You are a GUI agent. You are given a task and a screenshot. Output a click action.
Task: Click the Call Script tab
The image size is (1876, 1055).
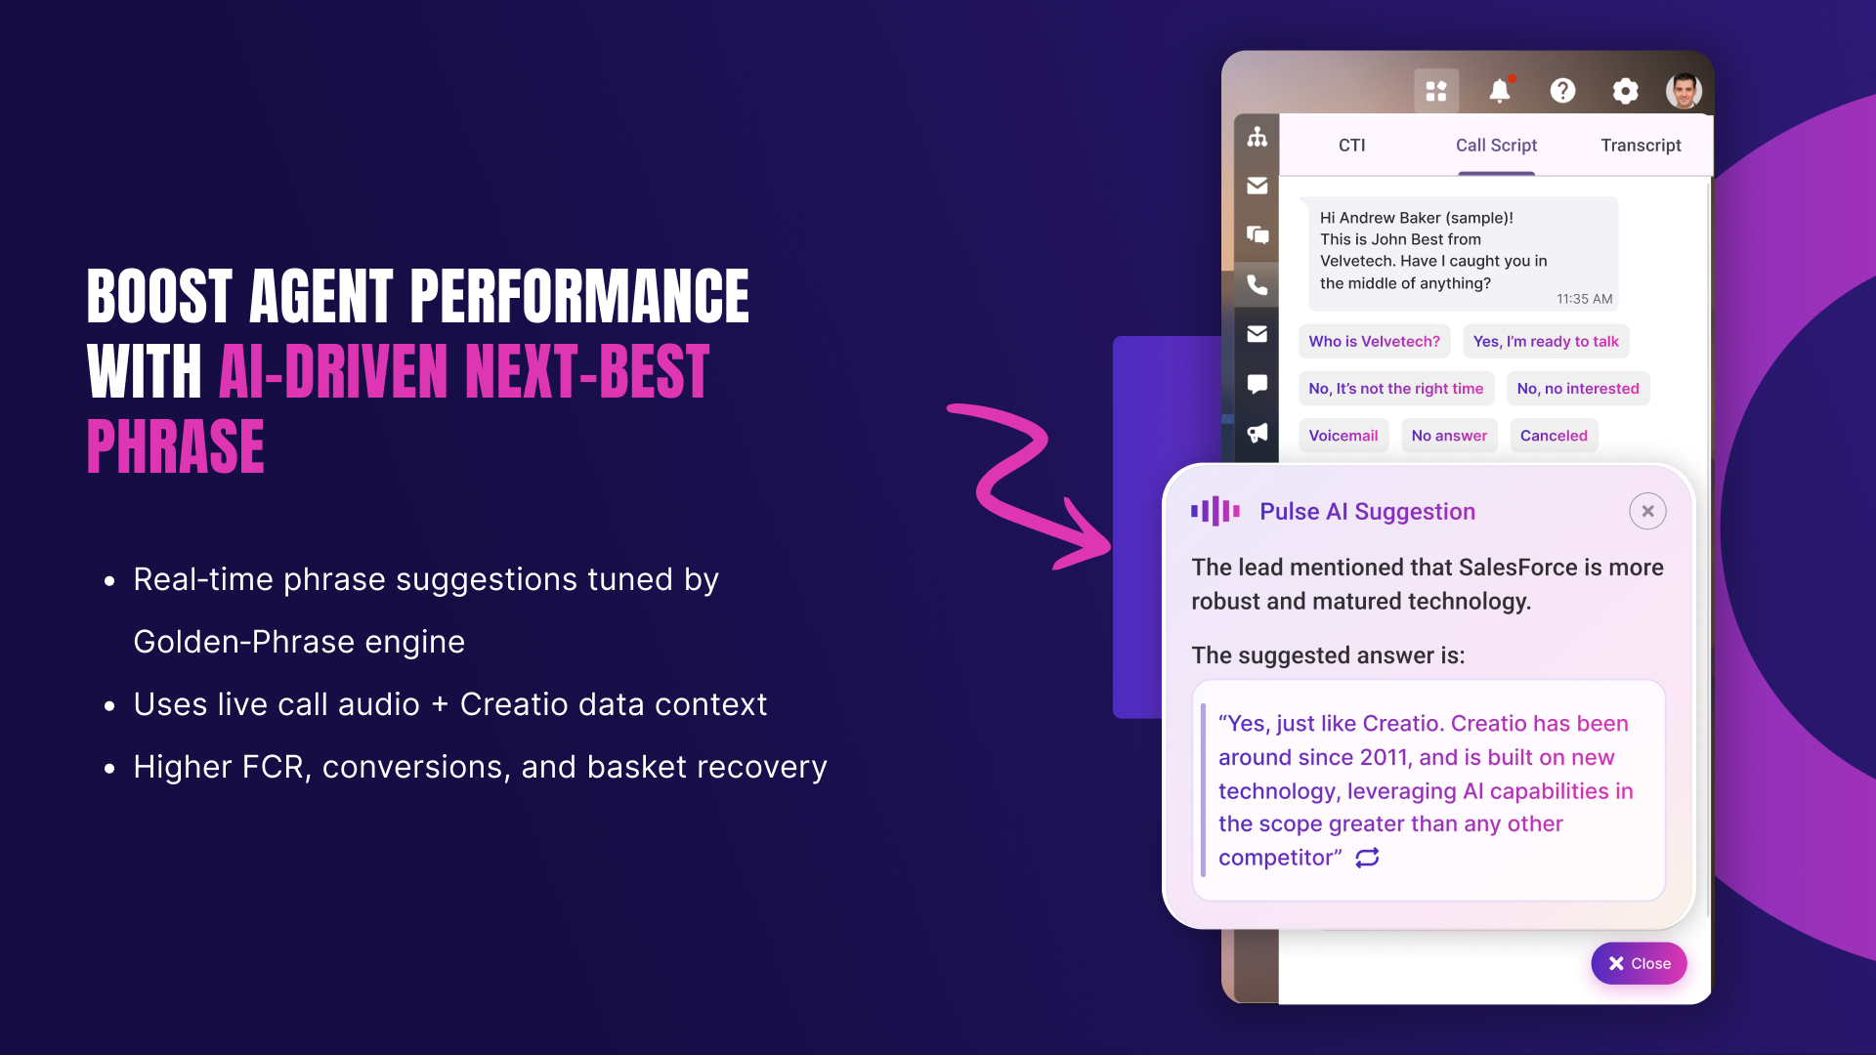[1496, 146]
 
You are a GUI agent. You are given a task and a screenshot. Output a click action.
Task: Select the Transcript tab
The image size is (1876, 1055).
[1641, 146]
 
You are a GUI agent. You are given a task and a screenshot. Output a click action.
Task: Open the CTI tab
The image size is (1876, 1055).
[1351, 146]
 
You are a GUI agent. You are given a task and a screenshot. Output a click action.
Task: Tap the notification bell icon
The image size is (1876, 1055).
[1500, 90]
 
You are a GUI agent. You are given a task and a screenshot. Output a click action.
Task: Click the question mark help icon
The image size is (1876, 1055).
[1562, 91]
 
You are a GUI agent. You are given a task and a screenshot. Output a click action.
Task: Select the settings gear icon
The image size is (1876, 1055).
[1625, 91]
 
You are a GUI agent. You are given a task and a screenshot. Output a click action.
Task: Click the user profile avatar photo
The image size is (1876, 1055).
[1684, 91]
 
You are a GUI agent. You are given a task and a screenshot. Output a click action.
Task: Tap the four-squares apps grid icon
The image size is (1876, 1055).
[1436, 91]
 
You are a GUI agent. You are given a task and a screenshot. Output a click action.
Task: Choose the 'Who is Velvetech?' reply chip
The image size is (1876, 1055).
[1374, 341]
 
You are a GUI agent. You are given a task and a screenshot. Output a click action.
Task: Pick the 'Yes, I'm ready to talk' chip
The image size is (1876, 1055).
[1546, 341]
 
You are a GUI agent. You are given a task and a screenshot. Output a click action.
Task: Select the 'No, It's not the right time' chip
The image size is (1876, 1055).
[1395, 389]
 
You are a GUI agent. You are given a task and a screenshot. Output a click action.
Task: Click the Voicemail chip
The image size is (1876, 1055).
[1343, 436]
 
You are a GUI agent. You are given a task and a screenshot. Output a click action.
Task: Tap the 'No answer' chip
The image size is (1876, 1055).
[1449, 436]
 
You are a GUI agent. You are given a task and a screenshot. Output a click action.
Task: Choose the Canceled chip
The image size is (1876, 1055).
[1554, 436]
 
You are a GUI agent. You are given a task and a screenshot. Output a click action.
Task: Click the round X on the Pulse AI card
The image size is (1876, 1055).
[1647, 511]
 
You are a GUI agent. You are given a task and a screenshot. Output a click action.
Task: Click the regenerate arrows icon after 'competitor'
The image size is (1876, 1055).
[1367, 858]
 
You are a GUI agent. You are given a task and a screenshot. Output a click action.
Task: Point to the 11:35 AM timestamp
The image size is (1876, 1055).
[1584, 299]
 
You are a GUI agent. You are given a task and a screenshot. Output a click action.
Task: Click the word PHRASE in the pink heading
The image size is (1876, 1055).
[176, 446]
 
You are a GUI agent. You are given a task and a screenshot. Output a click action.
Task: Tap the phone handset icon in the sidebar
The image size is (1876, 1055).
[1258, 284]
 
